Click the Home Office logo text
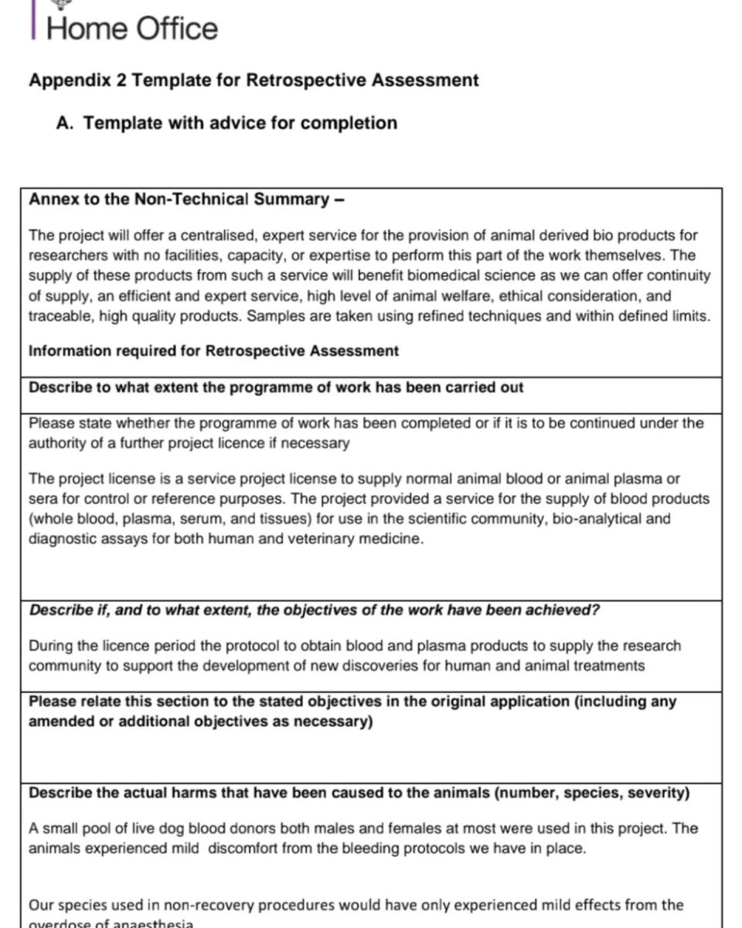132,29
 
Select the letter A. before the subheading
65,123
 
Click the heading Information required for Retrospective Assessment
213,351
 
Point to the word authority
60,444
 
